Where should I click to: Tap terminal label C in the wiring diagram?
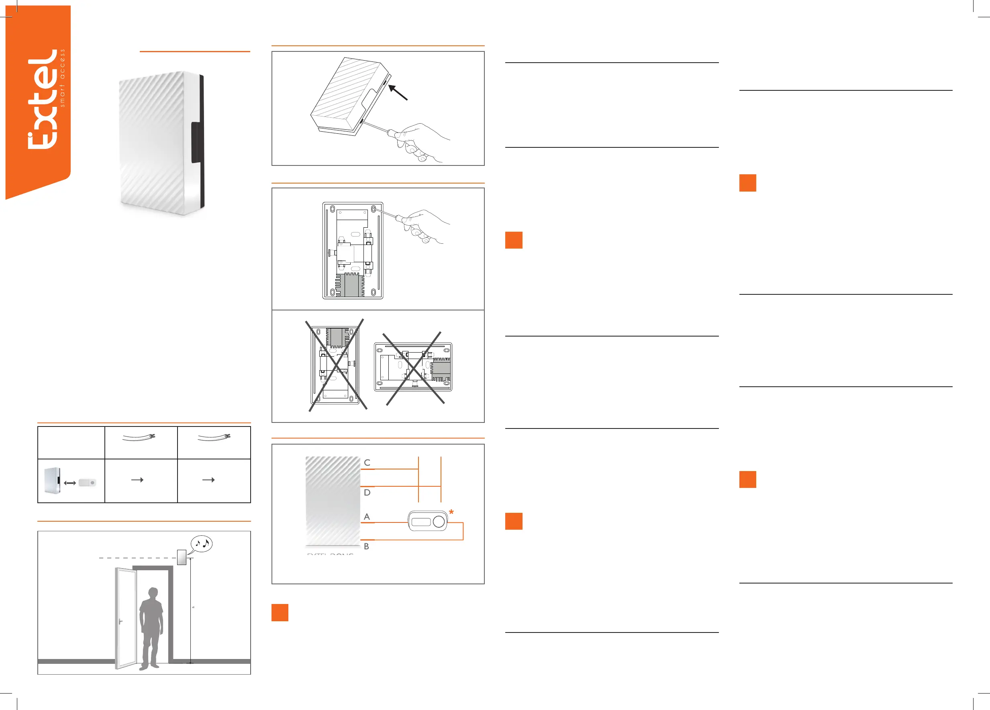pos(367,463)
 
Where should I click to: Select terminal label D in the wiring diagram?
pos(367,493)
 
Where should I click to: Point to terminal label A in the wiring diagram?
pos(367,517)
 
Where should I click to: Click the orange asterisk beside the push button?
pos(451,512)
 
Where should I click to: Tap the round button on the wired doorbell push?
pos(439,521)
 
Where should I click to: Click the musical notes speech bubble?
pos(202,544)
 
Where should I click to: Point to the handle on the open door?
pos(120,621)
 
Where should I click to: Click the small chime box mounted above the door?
pos(182,558)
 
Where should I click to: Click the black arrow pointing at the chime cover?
pos(398,92)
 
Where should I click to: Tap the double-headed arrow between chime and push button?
pos(70,483)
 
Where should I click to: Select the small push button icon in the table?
pos(87,483)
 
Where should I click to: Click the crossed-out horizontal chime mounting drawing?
pos(413,367)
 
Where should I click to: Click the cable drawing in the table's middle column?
pos(139,437)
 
